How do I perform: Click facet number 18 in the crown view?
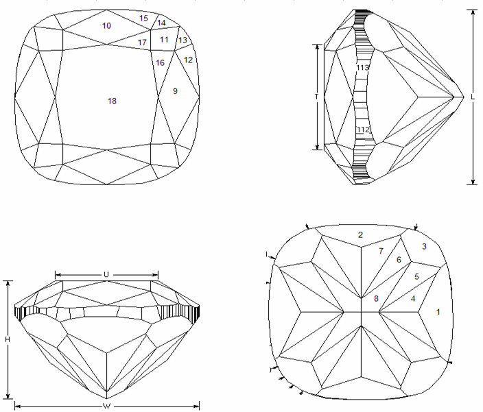click(x=112, y=101)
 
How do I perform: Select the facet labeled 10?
click(x=106, y=26)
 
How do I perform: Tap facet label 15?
click(x=143, y=19)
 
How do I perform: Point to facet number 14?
click(x=161, y=23)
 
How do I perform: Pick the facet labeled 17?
click(x=142, y=43)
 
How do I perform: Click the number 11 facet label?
click(x=164, y=40)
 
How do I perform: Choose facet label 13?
click(x=182, y=40)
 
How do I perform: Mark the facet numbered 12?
click(x=188, y=60)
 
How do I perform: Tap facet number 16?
click(x=160, y=63)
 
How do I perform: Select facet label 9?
click(x=175, y=91)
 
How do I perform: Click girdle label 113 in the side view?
click(x=362, y=67)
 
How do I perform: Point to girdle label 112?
click(x=363, y=130)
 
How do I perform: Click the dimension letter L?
click(x=473, y=97)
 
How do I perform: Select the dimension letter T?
click(x=317, y=97)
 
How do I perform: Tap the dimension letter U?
click(x=106, y=275)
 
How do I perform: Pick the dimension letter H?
click(x=8, y=339)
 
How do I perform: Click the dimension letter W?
click(x=106, y=406)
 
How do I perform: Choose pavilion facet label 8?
click(x=376, y=298)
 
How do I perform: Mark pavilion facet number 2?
click(x=361, y=235)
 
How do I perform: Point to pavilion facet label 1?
click(x=438, y=312)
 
